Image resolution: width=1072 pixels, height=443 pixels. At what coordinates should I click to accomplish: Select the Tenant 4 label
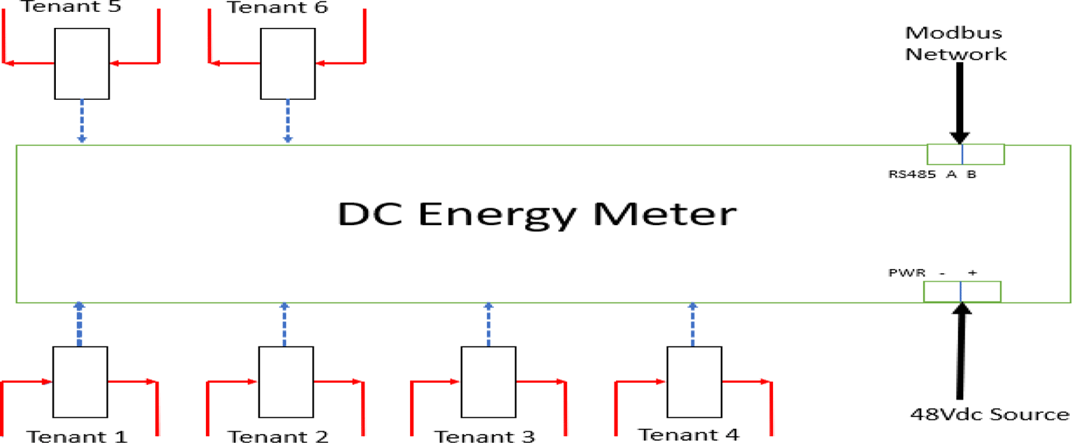click(689, 435)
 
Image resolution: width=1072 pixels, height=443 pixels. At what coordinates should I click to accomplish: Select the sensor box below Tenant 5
click(82, 63)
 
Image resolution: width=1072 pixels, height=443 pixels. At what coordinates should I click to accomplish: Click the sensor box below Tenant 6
click(287, 63)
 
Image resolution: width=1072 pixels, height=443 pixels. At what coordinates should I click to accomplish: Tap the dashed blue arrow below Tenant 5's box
click(82, 121)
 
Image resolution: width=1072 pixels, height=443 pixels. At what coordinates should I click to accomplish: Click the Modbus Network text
click(956, 43)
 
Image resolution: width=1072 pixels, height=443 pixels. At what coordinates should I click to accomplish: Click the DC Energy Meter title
click(536, 215)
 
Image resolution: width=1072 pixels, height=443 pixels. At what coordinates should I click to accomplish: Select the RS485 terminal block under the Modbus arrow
click(965, 154)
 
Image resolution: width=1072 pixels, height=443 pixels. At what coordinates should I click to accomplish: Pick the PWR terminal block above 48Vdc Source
click(962, 291)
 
